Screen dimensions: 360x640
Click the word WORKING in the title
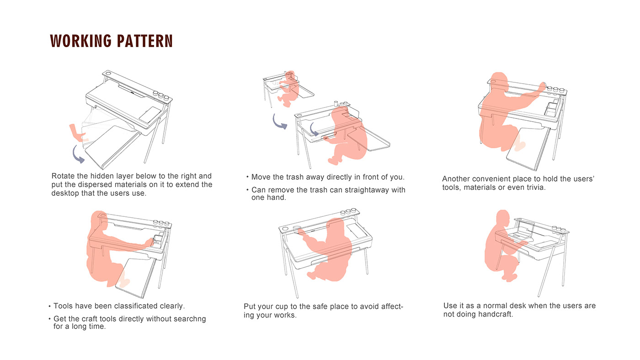coord(80,41)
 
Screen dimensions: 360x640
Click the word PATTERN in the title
coord(144,41)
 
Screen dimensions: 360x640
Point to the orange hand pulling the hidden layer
coord(76,133)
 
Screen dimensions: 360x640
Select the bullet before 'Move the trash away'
coord(247,177)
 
